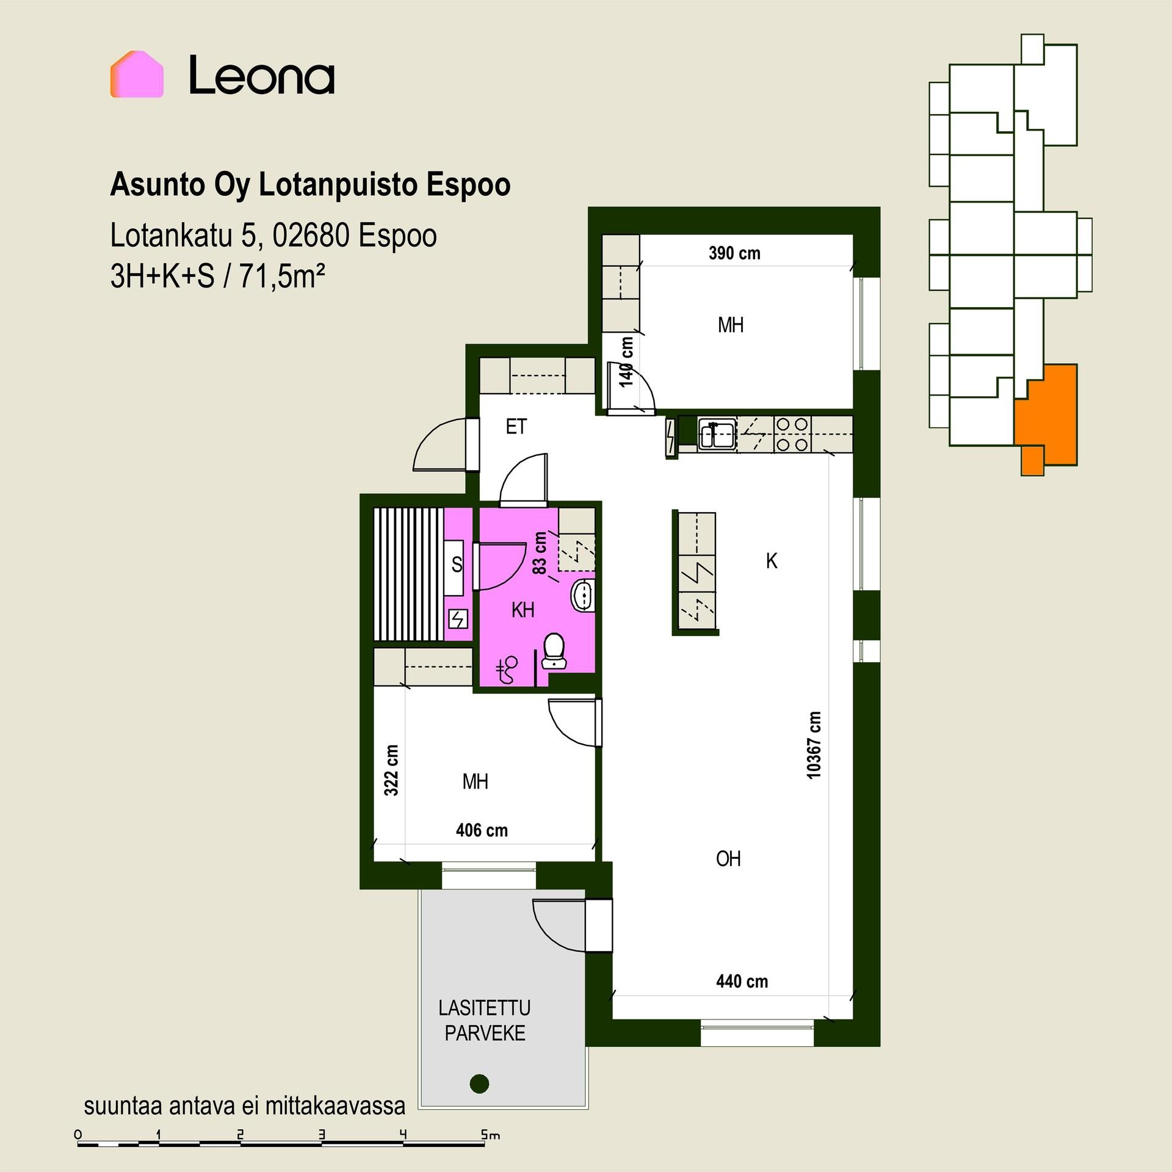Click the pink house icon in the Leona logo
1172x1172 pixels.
[137, 74]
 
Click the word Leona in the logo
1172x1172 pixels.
[262, 75]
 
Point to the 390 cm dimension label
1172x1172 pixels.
[734, 253]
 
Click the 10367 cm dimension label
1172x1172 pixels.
[814, 745]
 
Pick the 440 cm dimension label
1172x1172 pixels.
[742, 982]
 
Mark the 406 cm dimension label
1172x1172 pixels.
[482, 830]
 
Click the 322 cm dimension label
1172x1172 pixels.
[391, 770]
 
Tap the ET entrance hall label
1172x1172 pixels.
[516, 427]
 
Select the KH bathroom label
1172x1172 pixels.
[523, 610]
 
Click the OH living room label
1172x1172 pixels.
[728, 859]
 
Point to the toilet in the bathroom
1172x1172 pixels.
[554, 651]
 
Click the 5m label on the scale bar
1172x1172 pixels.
[490, 1135]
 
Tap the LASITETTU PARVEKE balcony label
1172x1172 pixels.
[485, 1020]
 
